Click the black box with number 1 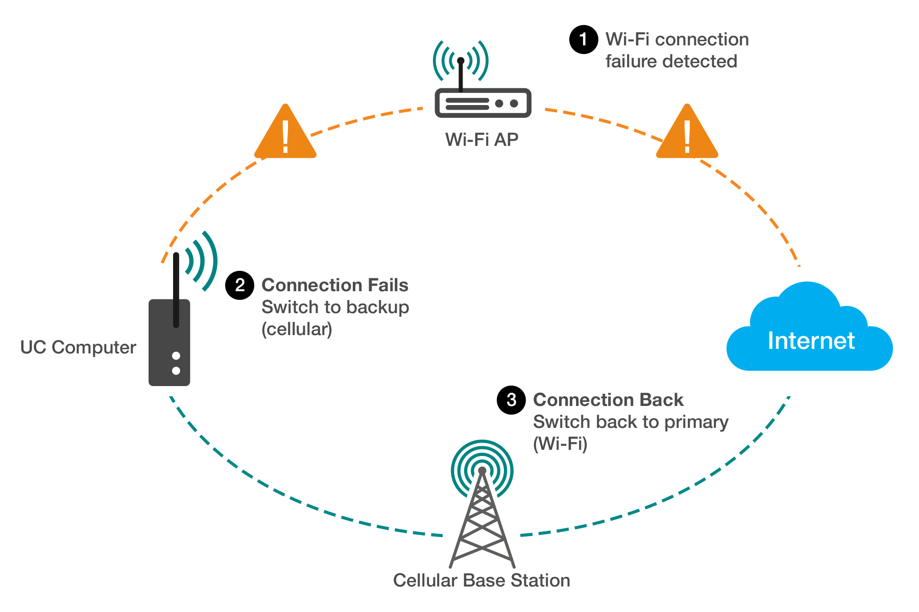click(x=583, y=40)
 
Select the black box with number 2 click(x=239, y=285)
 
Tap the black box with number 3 click(x=511, y=400)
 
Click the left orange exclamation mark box click(x=285, y=131)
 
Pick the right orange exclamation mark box click(x=687, y=131)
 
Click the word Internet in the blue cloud click(x=811, y=341)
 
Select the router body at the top click(x=482, y=103)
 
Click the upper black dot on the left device click(x=176, y=355)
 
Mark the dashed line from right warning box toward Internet click(x=756, y=204)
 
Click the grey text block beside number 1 click(x=677, y=50)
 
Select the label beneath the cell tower click(x=481, y=580)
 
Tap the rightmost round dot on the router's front click(x=514, y=104)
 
